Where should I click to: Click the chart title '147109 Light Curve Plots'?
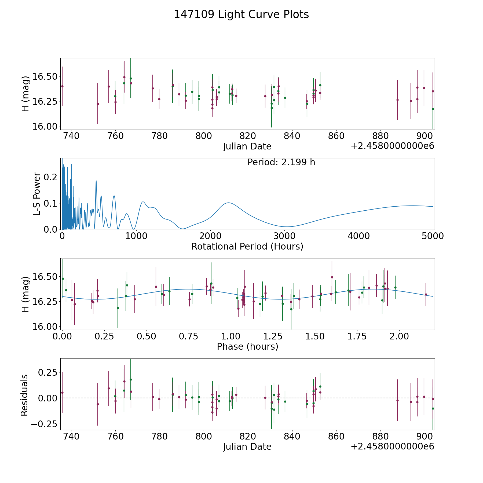(x=241, y=14)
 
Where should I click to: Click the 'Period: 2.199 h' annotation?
(x=281, y=162)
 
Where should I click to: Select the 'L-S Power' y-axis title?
(x=37, y=194)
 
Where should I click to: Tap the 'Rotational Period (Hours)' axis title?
(x=247, y=246)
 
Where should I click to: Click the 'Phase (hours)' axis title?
(x=247, y=346)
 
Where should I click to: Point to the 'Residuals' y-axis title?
(x=24, y=395)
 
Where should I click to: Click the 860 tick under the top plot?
(x=336, y=136)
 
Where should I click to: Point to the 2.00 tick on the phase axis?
(x=399, y=336)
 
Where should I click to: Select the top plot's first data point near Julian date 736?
(x=62, y=86)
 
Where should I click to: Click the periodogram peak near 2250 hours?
(x=228, y=203)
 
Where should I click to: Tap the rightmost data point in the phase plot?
(x=426, y=294)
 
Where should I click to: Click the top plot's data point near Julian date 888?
(x=397, y=100)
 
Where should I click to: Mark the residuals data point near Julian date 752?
(x=98, y=404)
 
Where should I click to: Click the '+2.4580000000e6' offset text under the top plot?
(x=392, y=146)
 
